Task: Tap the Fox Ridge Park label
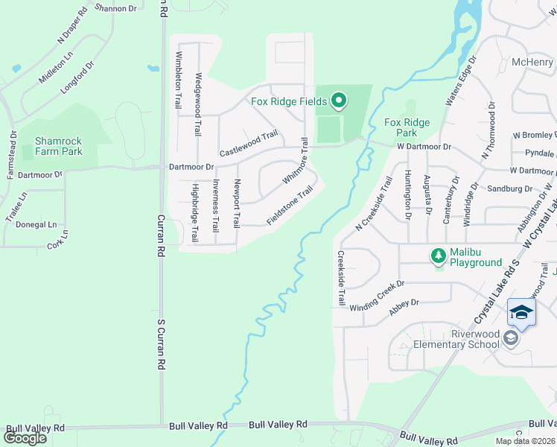tap(407, 127)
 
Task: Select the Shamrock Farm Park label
tap(59, 146)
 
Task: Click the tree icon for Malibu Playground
tap(439, 256)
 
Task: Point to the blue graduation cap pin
tap(521, 313)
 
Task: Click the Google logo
tap(25, 437)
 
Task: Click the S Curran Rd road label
tap(160, 344)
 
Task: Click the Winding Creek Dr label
tap(376, 295)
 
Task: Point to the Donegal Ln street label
tap(31, 224)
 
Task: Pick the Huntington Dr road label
tap(408, 194)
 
